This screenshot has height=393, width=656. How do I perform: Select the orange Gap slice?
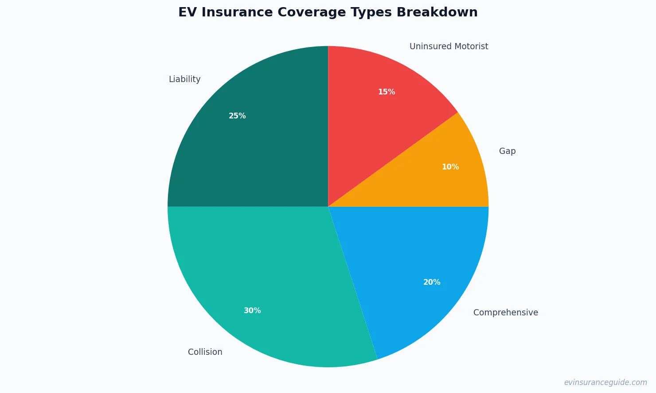(x=426, y=177)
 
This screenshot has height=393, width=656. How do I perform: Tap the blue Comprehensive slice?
(x=408, y=266)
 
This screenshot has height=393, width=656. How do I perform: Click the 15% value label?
(x=387, y=92)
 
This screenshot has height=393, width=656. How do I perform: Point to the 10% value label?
(x=450, y=167)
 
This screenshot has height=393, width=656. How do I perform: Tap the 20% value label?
(x=432, y=282)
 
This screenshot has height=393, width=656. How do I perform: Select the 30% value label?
(x=252, y=310)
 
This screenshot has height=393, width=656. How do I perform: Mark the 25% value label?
(x=237, y=116)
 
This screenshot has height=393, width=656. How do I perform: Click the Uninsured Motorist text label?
(x=449, y=46)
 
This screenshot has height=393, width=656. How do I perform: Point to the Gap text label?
(x=507, y=151)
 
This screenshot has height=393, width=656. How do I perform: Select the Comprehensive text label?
(x=505, y=312)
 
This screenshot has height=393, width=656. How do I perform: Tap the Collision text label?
(x=205, y=352)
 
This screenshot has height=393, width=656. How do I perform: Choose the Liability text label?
(x=184, y=79)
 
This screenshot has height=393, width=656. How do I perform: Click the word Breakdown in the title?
(x=437, y=12)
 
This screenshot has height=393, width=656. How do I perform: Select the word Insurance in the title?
(x=237, y=12)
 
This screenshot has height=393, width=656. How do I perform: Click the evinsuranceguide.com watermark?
(x=605, y=382)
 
